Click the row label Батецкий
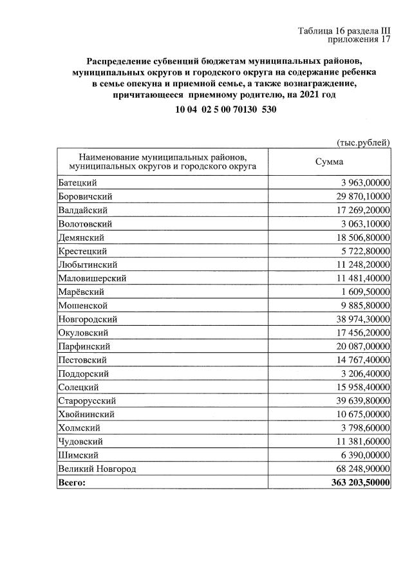(77, 183)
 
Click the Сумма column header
(329, 162)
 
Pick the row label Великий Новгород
(97, 469)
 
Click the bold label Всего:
(71, 482)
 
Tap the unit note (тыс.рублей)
(364, 142)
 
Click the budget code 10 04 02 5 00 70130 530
(226, 110)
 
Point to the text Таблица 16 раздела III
(344, 31)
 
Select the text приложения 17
(359, 40)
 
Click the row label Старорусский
(86, 400)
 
